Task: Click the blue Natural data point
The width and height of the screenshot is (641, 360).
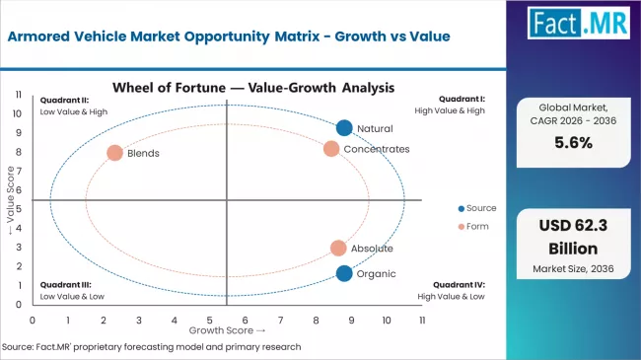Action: click(343, 127)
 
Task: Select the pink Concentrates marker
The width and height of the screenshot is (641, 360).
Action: click(331, 148)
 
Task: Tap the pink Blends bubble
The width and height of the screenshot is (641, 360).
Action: click(114, 153)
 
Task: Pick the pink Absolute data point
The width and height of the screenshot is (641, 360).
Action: click(338, 249)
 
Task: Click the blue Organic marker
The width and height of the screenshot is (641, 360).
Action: click(343, 273)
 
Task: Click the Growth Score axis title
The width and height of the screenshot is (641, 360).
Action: click(227, 330)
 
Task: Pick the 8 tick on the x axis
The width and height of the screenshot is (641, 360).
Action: click(316, 320)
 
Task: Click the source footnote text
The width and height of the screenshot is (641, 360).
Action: click(151, 347)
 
